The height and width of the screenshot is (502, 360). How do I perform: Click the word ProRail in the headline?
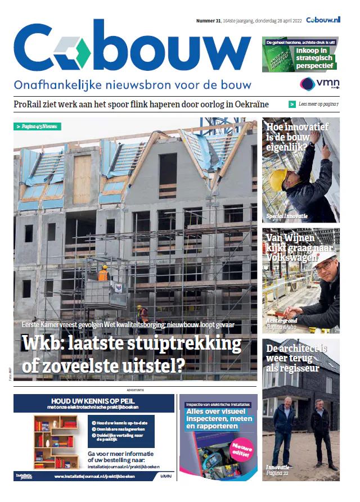tap(31, 104)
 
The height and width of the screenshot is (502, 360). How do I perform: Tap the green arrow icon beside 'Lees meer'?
tap(292, 104)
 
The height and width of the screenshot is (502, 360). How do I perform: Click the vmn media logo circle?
tap(307, 84)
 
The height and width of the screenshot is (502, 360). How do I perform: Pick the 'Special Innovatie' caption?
tap(286, 216)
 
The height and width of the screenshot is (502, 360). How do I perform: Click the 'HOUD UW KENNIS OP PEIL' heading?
tap(93, 401)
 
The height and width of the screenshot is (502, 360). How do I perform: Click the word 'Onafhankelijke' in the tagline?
tap(52, 85)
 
